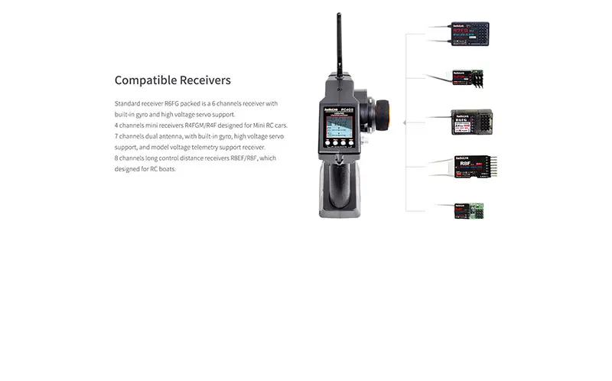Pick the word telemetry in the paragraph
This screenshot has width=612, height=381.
[x=213, y=147]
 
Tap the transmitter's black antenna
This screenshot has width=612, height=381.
[x=338, y=42]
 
